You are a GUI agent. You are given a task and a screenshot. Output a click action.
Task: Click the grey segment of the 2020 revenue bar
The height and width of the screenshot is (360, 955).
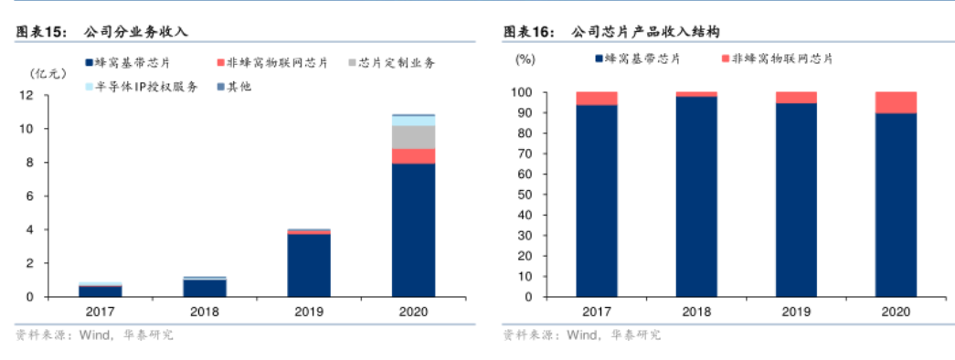tap(413, 136)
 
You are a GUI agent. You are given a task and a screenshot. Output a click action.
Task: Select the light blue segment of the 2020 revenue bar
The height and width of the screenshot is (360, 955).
tap(413, 121)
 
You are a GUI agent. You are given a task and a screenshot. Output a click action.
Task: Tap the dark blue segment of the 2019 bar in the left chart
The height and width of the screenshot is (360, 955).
tap(309, 265)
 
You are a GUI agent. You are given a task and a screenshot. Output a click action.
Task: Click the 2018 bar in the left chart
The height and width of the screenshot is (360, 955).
tap(205, 287)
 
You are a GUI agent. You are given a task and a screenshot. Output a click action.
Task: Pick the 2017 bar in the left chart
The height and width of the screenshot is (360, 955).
tap(101, 291)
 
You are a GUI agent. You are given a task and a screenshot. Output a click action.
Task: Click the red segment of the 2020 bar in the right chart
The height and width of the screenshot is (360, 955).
tap(896, 102)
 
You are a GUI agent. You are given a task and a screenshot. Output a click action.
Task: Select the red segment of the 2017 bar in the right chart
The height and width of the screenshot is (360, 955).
tap(596, 98)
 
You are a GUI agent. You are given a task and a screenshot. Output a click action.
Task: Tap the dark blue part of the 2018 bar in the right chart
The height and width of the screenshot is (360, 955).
tap(696, 196)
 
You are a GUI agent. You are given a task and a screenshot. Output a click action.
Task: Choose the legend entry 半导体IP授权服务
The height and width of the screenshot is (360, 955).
tap(146, 87)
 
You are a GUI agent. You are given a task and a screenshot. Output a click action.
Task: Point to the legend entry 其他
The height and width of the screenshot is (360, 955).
tap(239, 87)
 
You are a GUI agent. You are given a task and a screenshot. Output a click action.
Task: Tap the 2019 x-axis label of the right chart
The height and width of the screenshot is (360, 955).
tap(796, 312)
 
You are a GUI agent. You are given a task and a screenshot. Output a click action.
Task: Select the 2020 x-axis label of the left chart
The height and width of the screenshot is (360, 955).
tap(413, 312)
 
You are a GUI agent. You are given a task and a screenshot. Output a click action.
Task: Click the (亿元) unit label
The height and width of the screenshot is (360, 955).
tap(47, 72)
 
